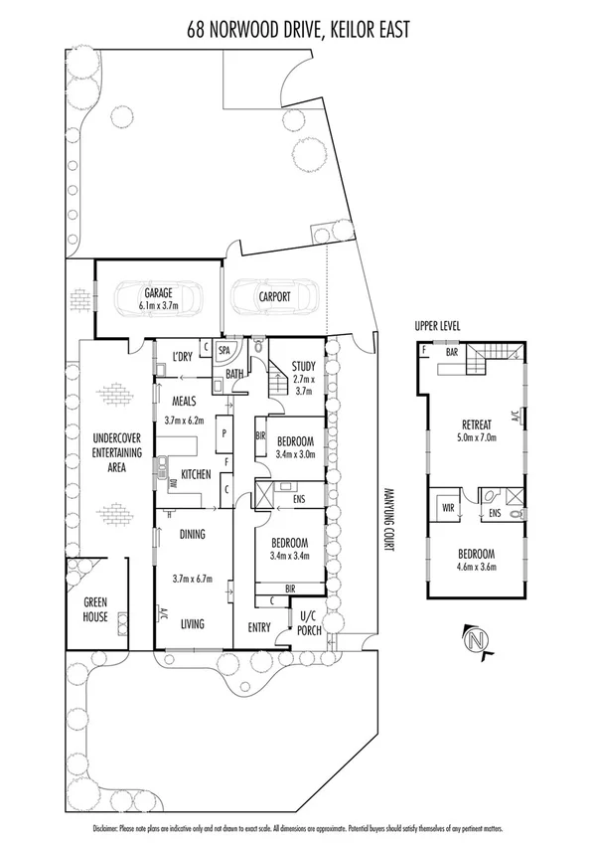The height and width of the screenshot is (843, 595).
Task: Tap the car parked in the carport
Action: [x=273, y=297]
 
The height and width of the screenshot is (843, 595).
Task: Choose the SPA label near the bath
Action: [x=224, y=351]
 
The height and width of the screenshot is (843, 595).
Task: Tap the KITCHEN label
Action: [x=195, y=475]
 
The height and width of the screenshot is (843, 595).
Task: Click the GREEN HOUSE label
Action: [x=96, y=607]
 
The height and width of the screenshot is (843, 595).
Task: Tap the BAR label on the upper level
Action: [x=451, y=351]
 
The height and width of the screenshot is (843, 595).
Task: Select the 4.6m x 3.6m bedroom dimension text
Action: [x=476, y=568]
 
